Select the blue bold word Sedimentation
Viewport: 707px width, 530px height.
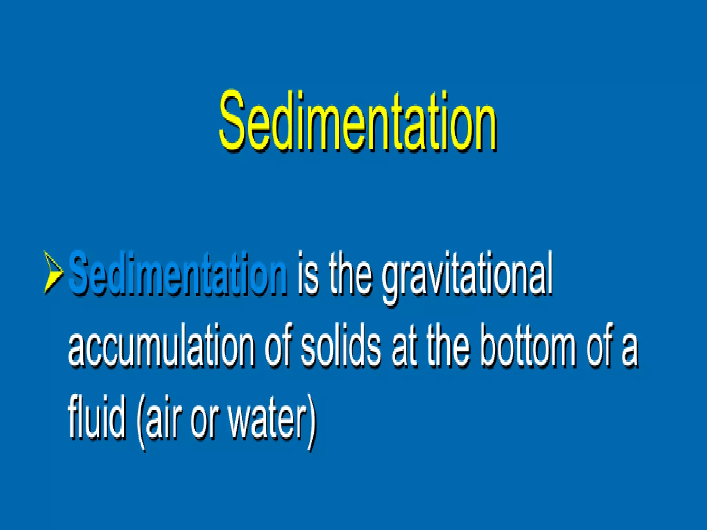coord(178,274)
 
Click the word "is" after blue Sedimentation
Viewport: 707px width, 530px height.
coord(308,274)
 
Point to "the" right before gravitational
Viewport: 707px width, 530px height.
coord(350,274)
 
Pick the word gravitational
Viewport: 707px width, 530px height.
coord(467,278)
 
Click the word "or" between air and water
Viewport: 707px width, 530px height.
coord(204,423)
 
